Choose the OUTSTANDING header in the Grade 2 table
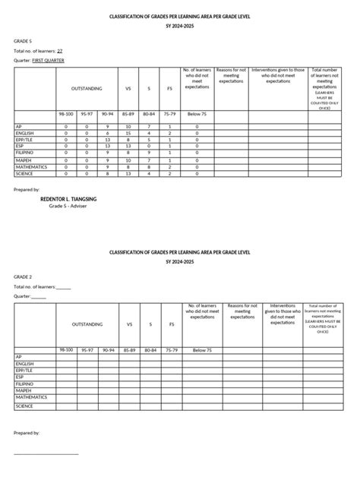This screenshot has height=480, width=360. (x=87, y=324)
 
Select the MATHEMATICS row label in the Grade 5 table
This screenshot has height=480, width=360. (x=31, y=166)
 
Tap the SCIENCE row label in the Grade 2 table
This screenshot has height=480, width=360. (x=25, y=406)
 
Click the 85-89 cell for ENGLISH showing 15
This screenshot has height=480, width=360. (x=128, y=132)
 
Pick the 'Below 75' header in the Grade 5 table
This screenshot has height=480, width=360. (x=197, y=113)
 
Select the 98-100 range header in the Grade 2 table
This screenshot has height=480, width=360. (x=66, y=349)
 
